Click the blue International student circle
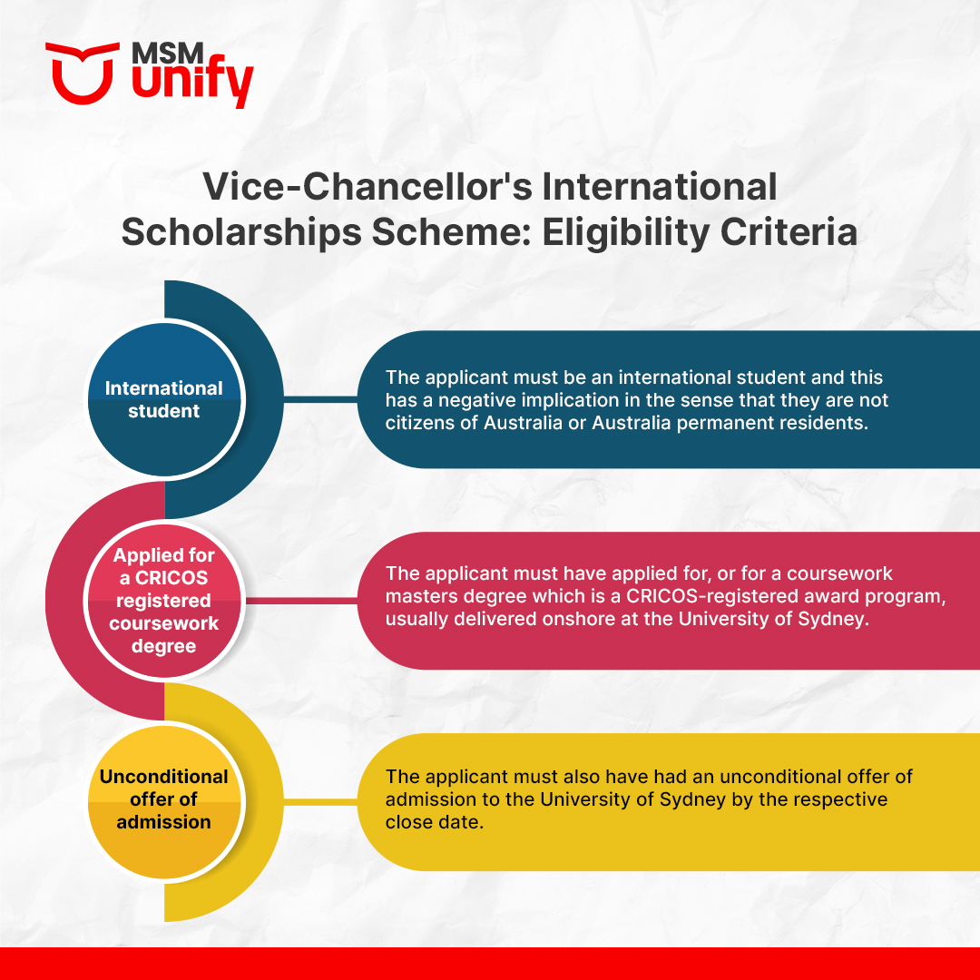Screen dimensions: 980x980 point(164,399)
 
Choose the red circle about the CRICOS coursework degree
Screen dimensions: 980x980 point(164,600)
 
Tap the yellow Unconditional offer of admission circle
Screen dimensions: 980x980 point(164,799)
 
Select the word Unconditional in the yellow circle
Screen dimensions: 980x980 point(164,777)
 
